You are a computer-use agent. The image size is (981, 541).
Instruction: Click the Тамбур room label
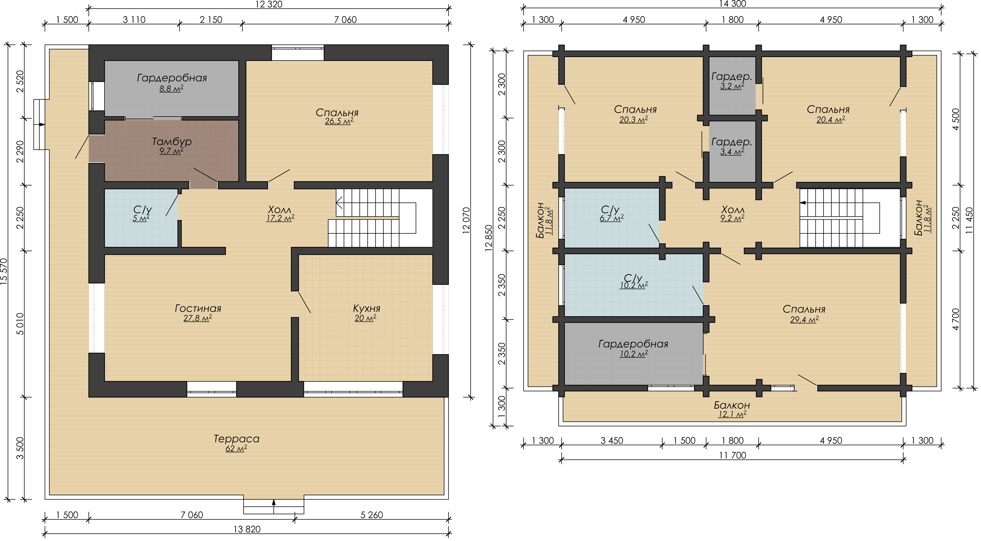tap(172, 142)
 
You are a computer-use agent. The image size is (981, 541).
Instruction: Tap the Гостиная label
tap(198, 308)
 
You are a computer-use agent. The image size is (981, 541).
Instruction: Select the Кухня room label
tap(366, 308)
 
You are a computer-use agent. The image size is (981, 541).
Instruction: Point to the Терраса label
tap(237, 439)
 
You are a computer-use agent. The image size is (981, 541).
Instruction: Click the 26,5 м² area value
tap(339, 121)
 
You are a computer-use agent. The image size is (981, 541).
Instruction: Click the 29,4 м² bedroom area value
tap(804, 319)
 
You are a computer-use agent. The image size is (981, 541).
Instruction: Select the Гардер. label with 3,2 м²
tap(732, 77)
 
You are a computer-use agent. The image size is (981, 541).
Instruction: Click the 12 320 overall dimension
tap(269, 4)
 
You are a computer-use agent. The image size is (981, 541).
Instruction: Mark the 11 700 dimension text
tap(732, 455)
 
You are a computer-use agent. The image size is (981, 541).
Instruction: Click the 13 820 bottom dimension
tap(247, 529)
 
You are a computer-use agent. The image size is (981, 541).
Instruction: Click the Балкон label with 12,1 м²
tap(732, 405)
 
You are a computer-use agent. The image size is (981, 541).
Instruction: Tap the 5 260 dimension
tap(372, 515)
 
